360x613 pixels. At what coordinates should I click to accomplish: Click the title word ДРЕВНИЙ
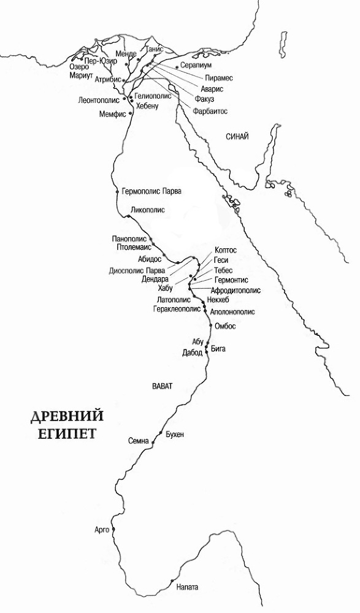(x=67, y=416)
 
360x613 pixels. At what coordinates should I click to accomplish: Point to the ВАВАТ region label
(x=162, y=386)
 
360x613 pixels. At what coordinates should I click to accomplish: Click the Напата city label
(x=187, y=587)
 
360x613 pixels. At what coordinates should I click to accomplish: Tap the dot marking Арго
(x=113, y=529)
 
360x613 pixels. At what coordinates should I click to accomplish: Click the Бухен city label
(x=175, y=435)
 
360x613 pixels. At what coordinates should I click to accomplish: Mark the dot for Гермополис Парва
(x=117, y=192)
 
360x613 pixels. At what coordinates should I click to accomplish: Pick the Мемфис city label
(x=112, y=114)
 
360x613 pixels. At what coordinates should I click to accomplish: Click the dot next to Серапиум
(x=177, y=66)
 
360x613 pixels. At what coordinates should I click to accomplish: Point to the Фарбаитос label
(x=210, y=111)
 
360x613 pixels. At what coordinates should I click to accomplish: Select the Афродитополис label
(x=236, y=290)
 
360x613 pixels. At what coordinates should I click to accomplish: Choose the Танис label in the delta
(x=153, y=49)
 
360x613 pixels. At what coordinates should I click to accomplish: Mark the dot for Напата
(x=172, y=581)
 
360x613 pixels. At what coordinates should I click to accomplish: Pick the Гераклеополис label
(x=177, y=309)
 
